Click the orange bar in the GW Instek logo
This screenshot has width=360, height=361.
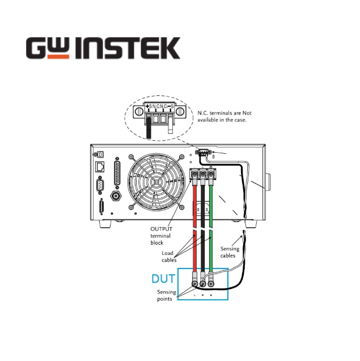(x=58, y=57)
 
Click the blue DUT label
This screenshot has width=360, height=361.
(x=163, y=279)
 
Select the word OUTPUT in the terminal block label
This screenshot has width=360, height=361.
(x=161, y=229)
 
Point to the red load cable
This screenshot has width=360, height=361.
(x=194, y=228)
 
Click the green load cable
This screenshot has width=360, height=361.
(x=211, y=228)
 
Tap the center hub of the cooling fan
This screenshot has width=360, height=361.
(x=156, y=182)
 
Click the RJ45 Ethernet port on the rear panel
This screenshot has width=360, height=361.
(x=100, y=167)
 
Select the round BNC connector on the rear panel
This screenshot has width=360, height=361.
(x=116, y=196)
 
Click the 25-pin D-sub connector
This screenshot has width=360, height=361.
(x=117, y=172)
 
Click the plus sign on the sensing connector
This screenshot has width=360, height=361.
(x=147, y=106)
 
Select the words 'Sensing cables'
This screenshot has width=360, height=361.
(x=230, y=252)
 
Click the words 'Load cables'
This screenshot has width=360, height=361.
(x=169, y=257)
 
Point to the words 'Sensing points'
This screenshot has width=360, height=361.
(x=167, y=295)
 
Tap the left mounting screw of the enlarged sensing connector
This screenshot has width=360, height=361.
(x=139, y=112)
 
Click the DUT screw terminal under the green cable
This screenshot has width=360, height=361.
(x=211, y=283)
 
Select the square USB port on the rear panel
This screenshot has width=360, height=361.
(x=100, y=154)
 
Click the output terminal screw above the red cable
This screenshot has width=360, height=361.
(x=194, y=174)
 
